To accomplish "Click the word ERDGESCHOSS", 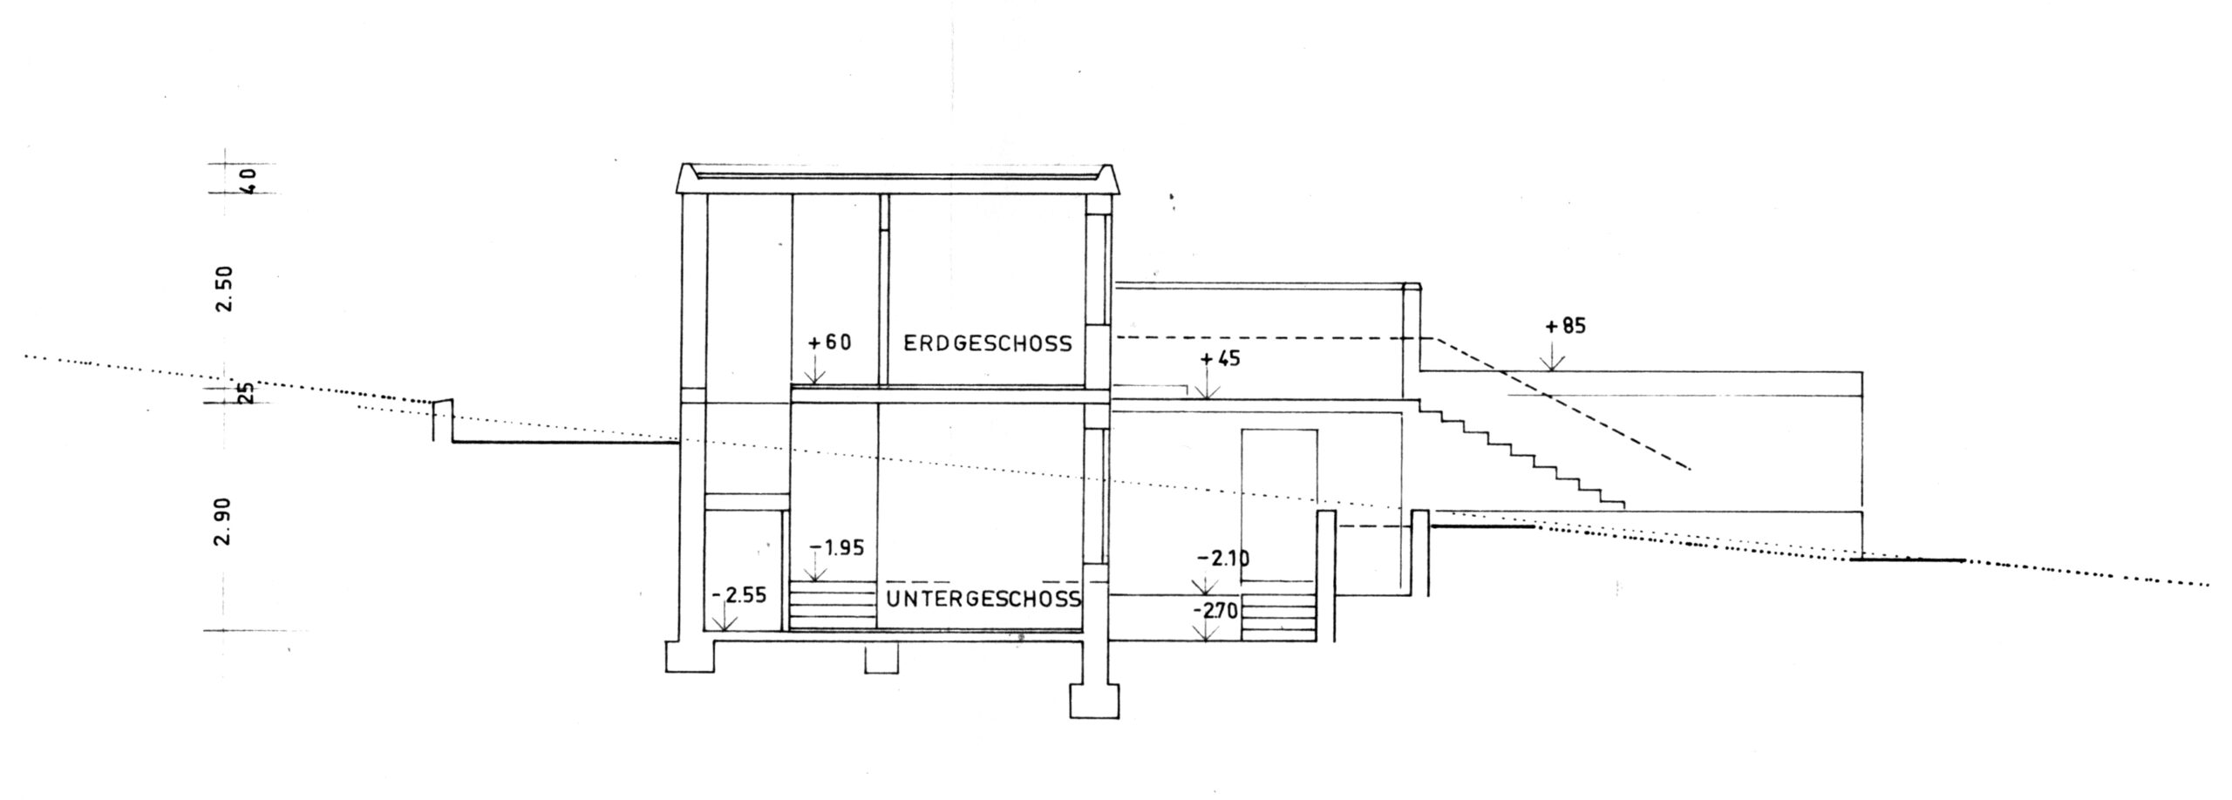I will (x=987, y=343).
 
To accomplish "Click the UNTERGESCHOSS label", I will (x=983, y=599).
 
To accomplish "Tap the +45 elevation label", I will (x=1220, y=359).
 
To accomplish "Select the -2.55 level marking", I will (x=738, y=596).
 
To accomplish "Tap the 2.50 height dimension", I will (x=226, y=290).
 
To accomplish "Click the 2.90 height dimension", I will (x=224, y=521).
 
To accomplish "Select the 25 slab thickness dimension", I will (x=247, y=394).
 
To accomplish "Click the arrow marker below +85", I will (x=1551, y=360).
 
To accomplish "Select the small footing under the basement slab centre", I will (x=881, y=659).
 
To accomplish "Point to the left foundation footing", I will (x=689, y=655).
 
